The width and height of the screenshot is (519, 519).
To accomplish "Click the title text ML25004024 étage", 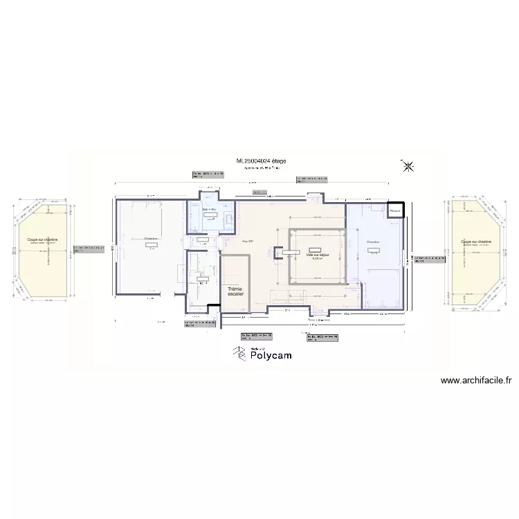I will coord(261,161).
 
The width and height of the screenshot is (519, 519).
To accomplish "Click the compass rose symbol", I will coord(408,165).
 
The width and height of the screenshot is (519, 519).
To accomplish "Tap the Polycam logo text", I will coord(271,355).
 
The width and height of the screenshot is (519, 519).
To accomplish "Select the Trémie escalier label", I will coord(235,291).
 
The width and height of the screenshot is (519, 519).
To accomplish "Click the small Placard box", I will coord(395,210).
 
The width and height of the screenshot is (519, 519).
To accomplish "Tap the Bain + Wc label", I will coord(210,208).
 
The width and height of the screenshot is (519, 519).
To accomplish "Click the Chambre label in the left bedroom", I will coord(150,239).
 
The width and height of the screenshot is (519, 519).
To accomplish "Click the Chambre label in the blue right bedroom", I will coord(373,242).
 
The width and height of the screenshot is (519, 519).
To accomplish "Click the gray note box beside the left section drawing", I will coord(91,248).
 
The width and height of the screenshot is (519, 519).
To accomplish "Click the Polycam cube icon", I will coord(239,354).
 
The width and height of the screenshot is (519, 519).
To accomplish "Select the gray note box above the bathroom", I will coord(208,175).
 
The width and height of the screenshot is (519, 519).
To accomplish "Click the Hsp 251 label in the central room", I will coord(248,241).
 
